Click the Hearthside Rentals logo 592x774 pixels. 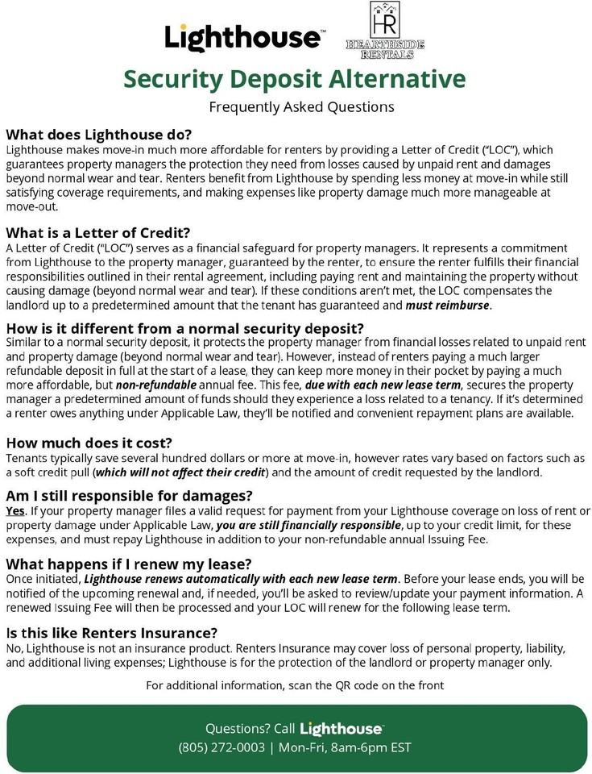pyautogui.click(x=384, y=31)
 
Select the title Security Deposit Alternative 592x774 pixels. pyautogui.click(x=295, y=79)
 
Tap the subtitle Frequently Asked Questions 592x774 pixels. pyautogui.click(x=301, y=106)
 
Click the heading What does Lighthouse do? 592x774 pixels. pyautogui.click(x=98, y=134)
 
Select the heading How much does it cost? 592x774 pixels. pyautogui.click(x=89, y=443)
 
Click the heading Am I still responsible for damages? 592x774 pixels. pyautogui.click(x=129, y=495)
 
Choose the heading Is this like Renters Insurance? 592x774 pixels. pyautogui.click(x=112, y=633)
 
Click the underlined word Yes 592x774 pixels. pyautogui.click(x=15, y=511)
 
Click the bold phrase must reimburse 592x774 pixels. pyautogui.click(x=448, y=306)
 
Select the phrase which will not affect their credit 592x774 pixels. pyautogui.click(x=180, y=472)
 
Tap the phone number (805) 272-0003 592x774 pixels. pyautogui.click(x=221, y=747)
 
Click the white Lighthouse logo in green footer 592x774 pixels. pyautogui.click(x=342, y=729)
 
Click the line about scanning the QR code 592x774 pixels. pyautogui.click(x=295, y=685)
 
